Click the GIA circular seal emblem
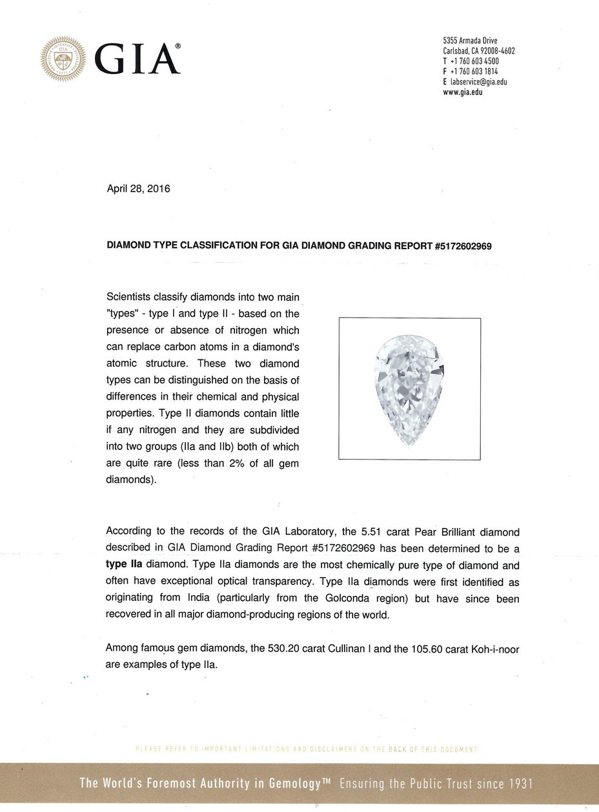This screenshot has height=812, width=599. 63,59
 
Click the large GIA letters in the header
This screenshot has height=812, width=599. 136,59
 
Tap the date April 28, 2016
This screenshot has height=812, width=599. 137,189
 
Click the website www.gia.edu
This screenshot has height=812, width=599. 463,92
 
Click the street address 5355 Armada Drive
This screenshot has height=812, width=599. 470,41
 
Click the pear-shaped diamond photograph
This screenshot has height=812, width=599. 409,389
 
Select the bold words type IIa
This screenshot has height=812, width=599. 124,563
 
